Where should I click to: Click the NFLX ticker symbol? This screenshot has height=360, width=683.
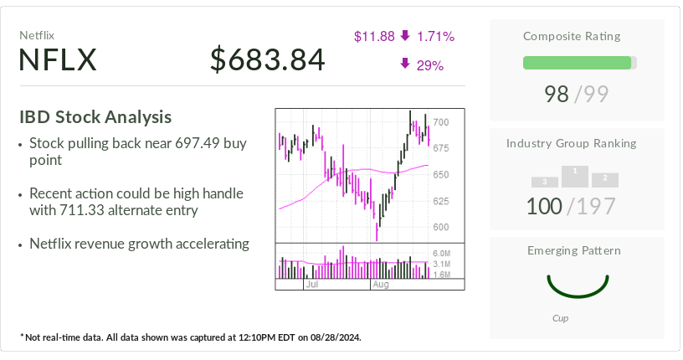point(59,60)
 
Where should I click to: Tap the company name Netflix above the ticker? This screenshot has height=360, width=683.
point(37,36)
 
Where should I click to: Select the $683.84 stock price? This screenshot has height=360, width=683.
point(267,60)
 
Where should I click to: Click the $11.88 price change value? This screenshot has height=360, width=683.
point(374,36)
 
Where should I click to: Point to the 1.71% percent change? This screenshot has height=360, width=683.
point(434,36)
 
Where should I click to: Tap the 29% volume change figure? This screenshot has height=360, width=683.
point(429,64)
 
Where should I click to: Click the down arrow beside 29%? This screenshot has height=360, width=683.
point(405,64)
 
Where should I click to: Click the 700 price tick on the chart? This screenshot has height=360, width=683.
point(441,122)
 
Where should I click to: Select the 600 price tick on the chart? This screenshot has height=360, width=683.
point(441,227)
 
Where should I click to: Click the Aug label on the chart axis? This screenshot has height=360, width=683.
point(381,285)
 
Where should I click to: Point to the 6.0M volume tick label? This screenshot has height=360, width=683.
point(442,253)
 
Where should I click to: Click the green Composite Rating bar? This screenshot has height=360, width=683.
point(577,63)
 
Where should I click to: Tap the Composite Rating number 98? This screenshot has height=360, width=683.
point(557,94)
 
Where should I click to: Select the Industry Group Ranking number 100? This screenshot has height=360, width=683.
point(545,205)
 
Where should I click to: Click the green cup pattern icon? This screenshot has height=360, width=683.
point(577,285)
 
